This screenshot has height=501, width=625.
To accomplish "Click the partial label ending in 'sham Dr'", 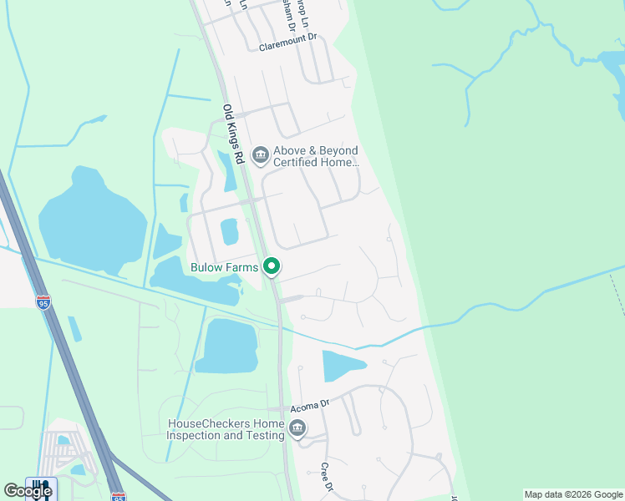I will tap(289, 15).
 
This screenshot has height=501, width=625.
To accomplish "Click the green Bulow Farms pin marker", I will tap(272, 267).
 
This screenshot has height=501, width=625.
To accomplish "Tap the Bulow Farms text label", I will tap(225, 267).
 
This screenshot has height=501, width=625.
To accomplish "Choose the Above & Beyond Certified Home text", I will tap(315, 156).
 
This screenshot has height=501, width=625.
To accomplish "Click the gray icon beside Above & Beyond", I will tap(260, 154).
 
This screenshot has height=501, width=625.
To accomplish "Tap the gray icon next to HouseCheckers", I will tap(297, 429).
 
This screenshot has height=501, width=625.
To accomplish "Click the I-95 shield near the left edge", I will tap(43, 302).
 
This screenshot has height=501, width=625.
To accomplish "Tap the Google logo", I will tap(28, 491).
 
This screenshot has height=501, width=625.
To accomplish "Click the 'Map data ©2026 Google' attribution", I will tap(574, 494).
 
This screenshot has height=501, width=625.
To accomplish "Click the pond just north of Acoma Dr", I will tap(343, 365).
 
